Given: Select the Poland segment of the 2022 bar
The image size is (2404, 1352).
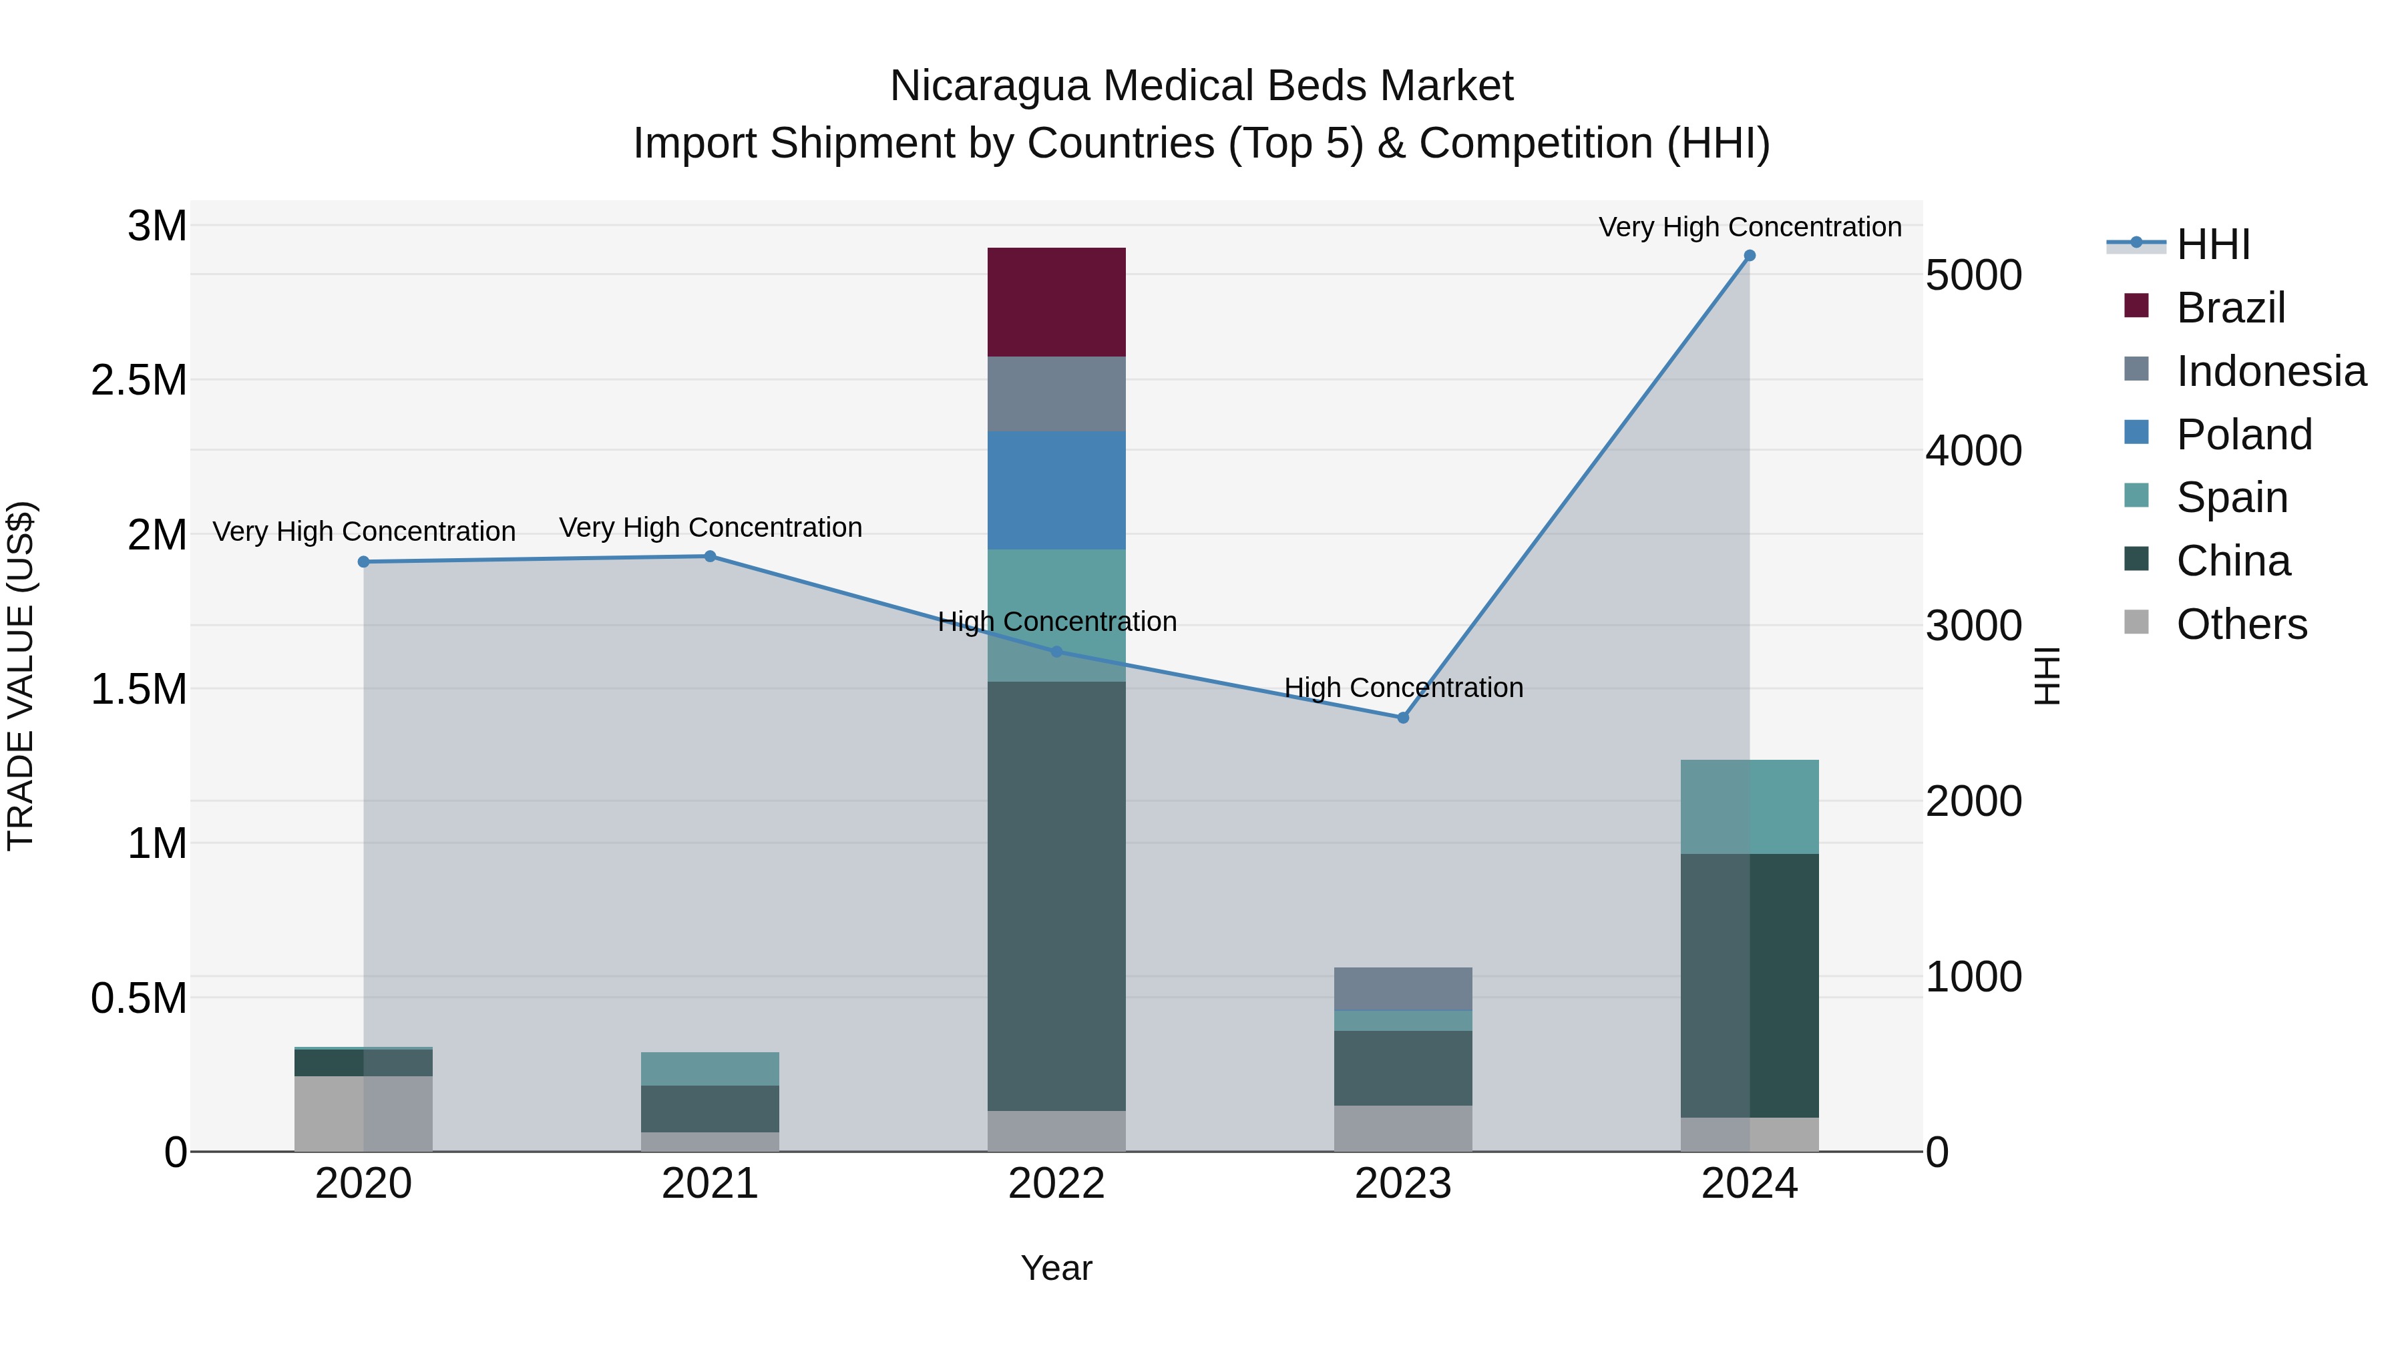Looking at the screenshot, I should point(1056,490).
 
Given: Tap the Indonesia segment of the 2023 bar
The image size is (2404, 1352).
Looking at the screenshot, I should point(1402,989).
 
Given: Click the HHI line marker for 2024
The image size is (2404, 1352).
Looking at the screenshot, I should point(1750,256).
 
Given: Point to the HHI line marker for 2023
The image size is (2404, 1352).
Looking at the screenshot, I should point(1402,718).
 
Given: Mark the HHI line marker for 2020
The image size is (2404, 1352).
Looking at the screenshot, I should point(364,561).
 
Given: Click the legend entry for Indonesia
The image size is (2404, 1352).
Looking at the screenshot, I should point(2270,371).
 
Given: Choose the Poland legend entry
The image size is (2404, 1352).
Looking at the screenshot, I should point(2244,435).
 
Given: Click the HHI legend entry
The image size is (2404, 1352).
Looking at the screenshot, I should point(2213,244).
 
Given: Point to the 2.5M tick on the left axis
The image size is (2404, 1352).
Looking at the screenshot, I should point(139,381).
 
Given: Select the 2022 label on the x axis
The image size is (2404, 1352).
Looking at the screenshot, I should point(1056,1184).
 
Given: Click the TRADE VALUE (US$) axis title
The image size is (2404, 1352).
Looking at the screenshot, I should point(21,676).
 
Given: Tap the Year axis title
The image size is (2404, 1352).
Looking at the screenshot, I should point(1056,1268).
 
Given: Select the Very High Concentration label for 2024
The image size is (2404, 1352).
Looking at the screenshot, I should point(1750,227).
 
